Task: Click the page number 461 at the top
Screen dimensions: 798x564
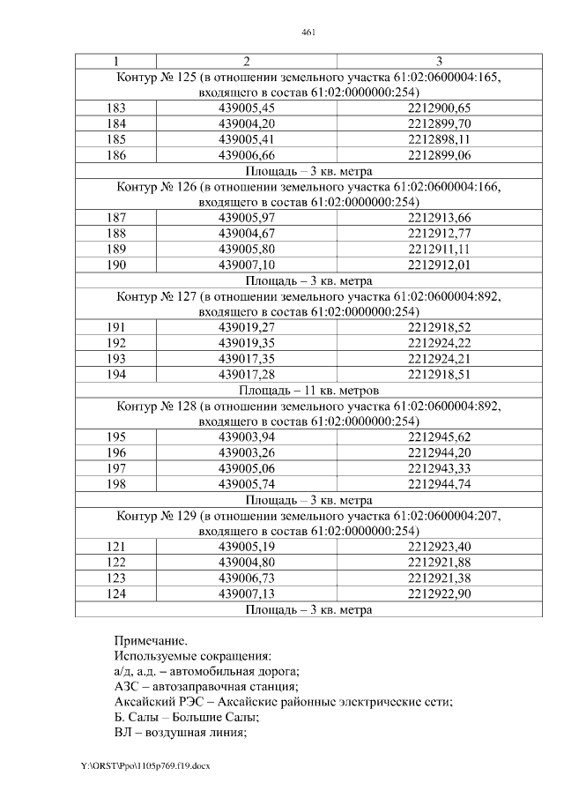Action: pyautogui.click(x=308, y=33)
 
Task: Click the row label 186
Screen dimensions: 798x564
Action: pyautogui.click(x=115, y=154)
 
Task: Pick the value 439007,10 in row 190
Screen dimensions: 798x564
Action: pyautogui.click(x=247, y=265)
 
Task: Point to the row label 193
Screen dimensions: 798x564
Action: pyautogui.click(x=115, y=359)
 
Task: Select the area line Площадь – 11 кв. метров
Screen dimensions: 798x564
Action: pyautogui.click(x=308, y=390)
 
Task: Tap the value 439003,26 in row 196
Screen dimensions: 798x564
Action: pyautogui.click(x=247, y=453)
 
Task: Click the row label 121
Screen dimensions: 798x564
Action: pyautogui.click(x=115, y=547)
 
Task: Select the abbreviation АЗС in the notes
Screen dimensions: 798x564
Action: pyautogui.click(x=128, y=687)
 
